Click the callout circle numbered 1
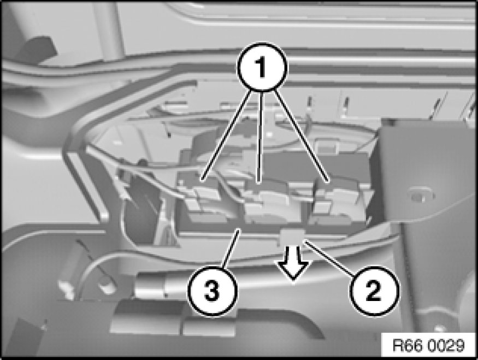tap(262, 67)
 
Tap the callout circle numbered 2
tap(374, 291)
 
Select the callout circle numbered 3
tap(212, 291)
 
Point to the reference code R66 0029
tap(428, 346)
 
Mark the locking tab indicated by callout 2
tap(292, 237)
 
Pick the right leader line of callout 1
tap(301, 136)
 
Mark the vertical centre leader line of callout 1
tap(261, 138)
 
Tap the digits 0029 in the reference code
tap(447, 346)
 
